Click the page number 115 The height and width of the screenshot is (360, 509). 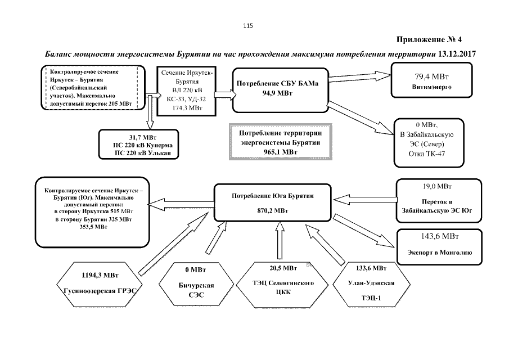pos(248,25)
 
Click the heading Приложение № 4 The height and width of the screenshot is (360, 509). pos(429,39)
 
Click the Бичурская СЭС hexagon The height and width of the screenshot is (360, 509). pos(189,283)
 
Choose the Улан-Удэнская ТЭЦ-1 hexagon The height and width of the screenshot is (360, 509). pos(368,283)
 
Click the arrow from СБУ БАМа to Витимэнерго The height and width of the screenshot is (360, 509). pos(360,78)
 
